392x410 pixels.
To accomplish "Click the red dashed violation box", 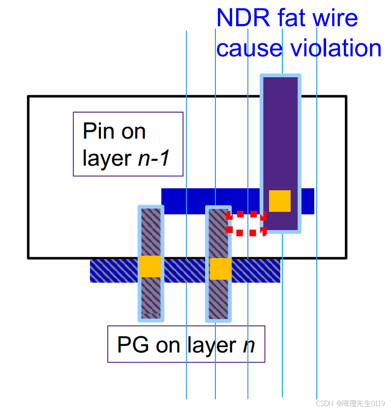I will tap(246, 224).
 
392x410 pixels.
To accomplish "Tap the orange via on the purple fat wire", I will tap(280, 201).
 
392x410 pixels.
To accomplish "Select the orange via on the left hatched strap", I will tap(150, 266).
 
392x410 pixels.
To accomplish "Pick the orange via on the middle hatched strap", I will tap(220, 269).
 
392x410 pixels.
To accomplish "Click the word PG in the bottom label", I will tap(133, 345).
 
